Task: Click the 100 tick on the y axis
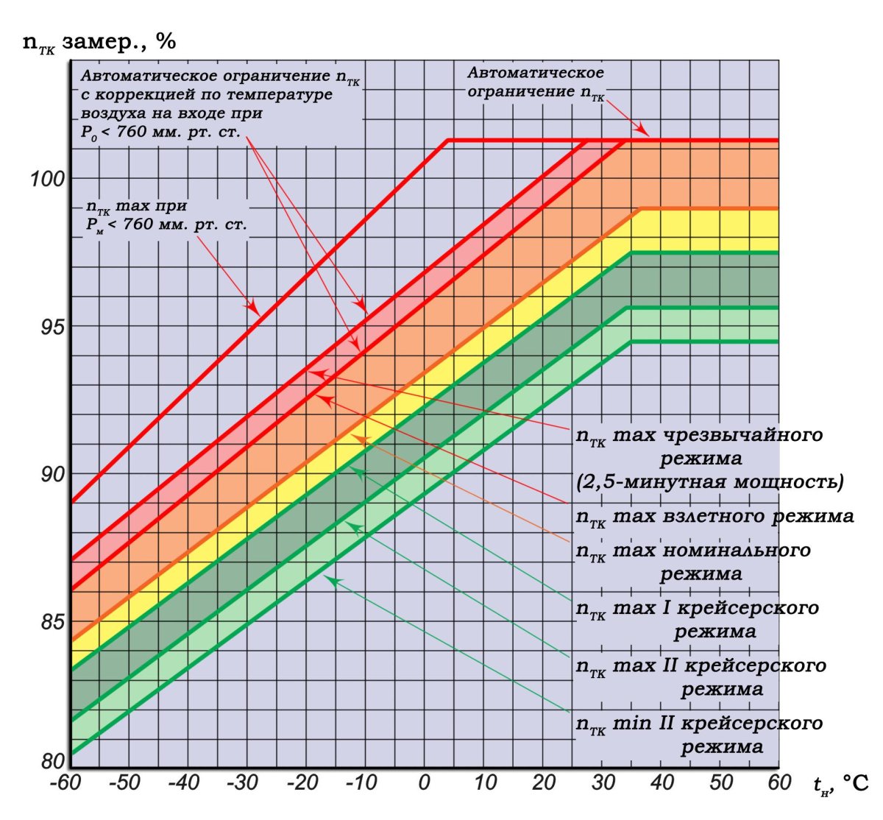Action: pos(48,179)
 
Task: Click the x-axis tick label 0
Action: pos(425,782)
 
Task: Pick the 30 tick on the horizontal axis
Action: pos(602,782)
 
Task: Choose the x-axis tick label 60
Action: pos(779,782)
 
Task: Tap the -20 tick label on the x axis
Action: pos(302,782)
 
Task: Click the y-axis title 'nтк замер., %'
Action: pos(99,42)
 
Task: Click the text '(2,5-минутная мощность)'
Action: pos(709,482)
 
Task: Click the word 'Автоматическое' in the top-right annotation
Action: pos(536,73)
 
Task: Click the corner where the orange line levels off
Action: pos(642,209)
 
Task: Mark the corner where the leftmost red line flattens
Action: pos(448,140)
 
